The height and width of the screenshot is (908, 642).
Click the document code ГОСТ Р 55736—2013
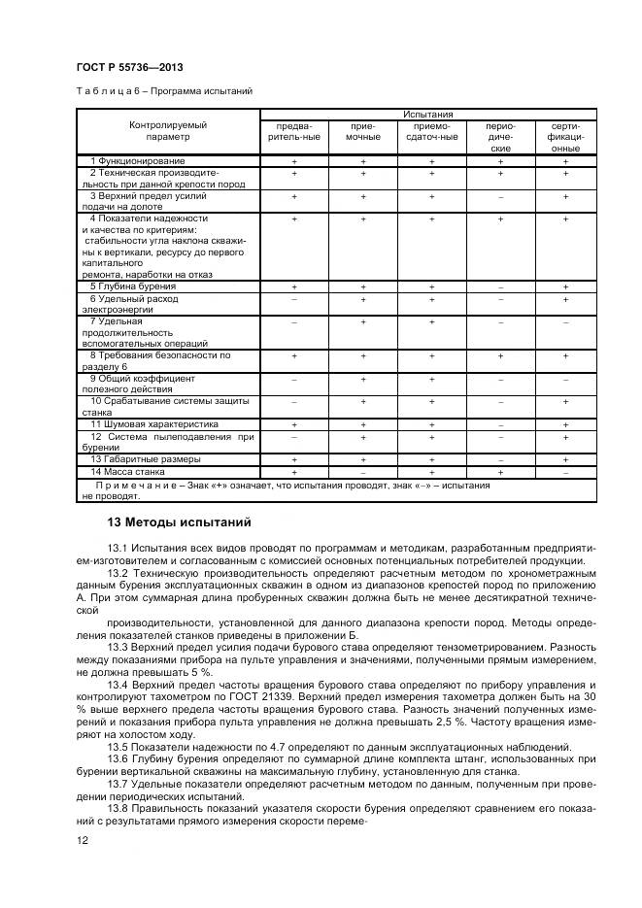pos(129,67)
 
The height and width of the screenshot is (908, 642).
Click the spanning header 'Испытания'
pos(428,115)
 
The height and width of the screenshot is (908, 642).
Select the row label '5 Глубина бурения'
pos(133,286)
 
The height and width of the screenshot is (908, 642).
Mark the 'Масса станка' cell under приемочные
pos(362,471)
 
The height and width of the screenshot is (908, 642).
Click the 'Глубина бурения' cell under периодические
pos(500,286)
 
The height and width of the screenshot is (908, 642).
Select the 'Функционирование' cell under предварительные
pos(293,160)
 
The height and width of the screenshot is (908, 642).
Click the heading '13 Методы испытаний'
pos(179,522)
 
